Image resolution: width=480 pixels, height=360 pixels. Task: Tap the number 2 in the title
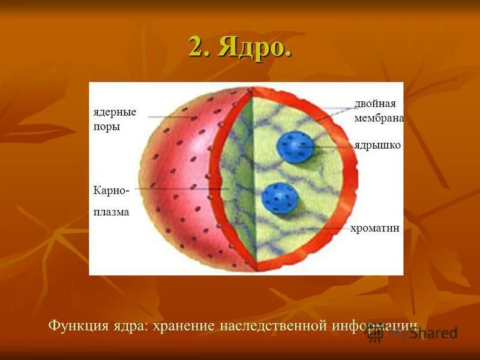(x=197, y=47)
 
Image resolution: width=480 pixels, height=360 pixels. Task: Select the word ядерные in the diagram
(x=115, y=112)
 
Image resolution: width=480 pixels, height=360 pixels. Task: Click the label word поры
(x=107, y=127)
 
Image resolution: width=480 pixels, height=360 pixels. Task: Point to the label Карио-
(x=111, y=190)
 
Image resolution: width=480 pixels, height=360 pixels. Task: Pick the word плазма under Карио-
(x=111, y=212)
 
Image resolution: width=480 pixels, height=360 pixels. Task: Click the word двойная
(x=374, y=104)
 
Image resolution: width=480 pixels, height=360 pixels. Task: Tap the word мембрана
(x=379, y=118)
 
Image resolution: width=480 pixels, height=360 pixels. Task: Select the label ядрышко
(x=377, y=145)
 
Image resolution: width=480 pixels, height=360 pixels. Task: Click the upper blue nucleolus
(x=295, y=146)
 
